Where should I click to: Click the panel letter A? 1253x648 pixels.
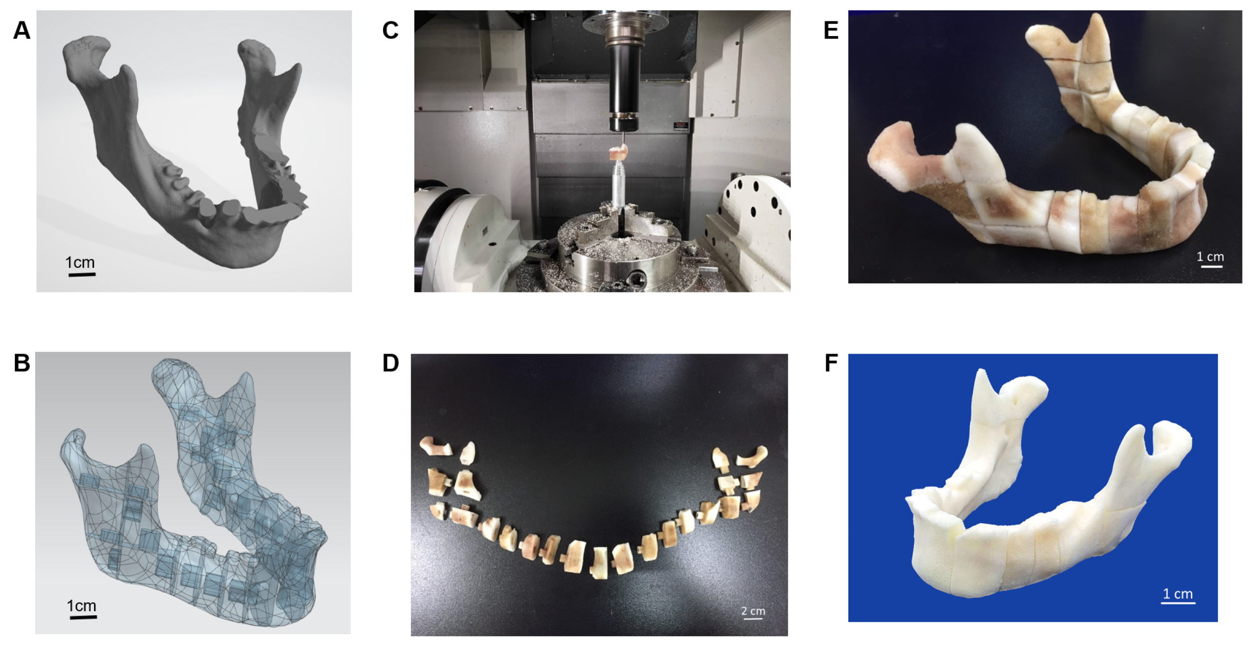(x=22, y=31)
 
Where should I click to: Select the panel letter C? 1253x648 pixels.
(x=391, y=31)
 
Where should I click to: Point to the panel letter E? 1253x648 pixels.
(x=831, y=31)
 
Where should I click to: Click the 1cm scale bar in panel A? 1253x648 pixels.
(x=82, y=275)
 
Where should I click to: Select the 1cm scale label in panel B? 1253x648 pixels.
(x=81, y=606)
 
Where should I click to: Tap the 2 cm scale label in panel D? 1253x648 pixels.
(x=753, y=611)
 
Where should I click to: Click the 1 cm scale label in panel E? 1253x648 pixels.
(x=1210, y=256)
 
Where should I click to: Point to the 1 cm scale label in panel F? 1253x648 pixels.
(x=1178, y=593)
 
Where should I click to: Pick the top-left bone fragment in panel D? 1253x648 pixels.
(x=435, y=446)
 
